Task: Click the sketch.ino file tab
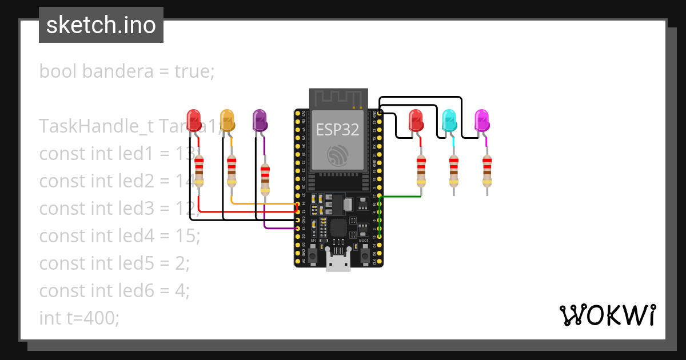coord(101,25)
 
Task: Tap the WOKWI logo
coord(607,315)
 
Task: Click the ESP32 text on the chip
coord(338,130)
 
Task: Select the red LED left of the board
coord(195,121)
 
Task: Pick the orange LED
coord(228,121)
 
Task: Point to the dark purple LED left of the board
coord(260,121)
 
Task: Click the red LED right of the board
coord(416,121)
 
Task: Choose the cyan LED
coord(449,121)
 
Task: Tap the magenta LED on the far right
coord(482,121)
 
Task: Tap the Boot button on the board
coord(364,255)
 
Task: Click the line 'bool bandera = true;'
coord(126,71)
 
